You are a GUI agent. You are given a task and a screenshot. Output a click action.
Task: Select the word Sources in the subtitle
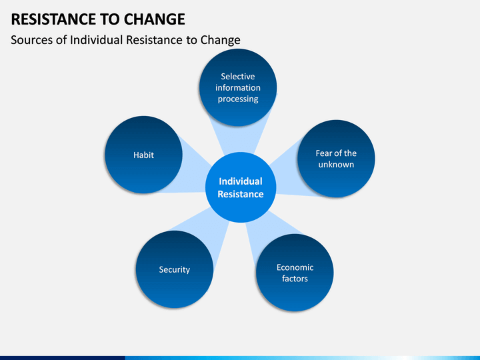point(33,40)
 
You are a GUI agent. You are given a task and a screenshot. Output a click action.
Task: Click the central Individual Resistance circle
point(241,188)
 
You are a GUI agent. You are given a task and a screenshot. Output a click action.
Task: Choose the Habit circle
point(143,155)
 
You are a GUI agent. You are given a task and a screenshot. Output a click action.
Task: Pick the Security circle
point(174,269)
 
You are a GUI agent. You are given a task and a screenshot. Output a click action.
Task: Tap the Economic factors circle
point(295,272)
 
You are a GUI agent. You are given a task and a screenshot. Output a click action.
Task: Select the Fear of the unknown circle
point(335,158)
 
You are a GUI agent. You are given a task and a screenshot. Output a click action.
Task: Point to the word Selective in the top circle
point(238,77)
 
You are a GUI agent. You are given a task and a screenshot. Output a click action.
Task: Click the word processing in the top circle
point(238,99)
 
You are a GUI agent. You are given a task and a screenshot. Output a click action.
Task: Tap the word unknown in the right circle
point(336,164)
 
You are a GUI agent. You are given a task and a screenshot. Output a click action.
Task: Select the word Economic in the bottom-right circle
point(295,267)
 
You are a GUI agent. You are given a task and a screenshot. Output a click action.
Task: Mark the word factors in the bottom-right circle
point(295,278)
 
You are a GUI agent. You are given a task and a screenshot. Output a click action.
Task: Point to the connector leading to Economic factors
point(261,230)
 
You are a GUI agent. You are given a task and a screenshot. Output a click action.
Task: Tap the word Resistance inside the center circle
point(241,194)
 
